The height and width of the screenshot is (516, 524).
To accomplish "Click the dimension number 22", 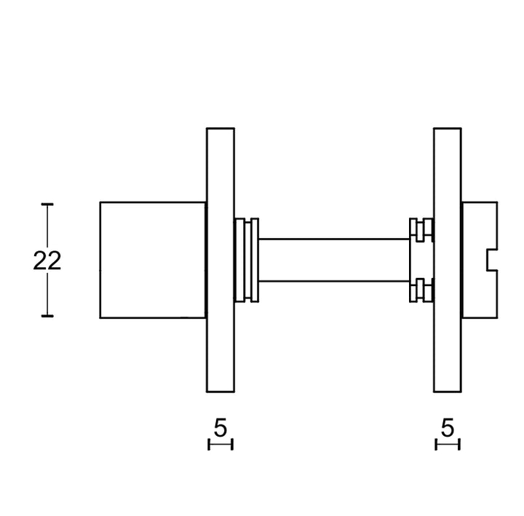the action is coord(47,261).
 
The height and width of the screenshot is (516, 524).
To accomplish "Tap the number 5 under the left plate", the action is coord(221,427).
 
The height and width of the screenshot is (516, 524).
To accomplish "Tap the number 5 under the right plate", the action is coord(448,427).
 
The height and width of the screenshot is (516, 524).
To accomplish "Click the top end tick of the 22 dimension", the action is coord(47,204).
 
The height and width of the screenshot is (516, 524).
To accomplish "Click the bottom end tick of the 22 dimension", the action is coord(47,316).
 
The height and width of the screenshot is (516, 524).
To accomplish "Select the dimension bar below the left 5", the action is coord(221,445).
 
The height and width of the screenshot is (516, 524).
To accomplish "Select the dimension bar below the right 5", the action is coord(448,445).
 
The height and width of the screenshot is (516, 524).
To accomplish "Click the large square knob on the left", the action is coord(153,260).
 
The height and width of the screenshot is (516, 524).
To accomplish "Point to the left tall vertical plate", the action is coord(221,260).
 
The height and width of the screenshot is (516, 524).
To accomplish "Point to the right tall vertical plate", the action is coord(448,260).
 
